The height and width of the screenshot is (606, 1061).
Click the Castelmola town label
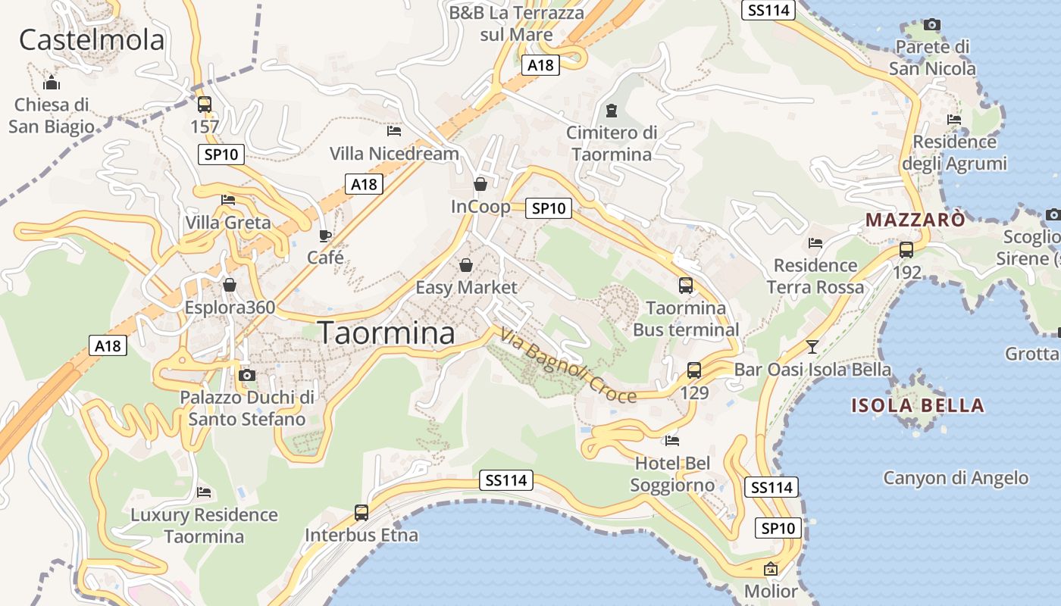click(x=91, y=39)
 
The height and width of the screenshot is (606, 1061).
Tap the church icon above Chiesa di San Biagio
click(x=52, y=82)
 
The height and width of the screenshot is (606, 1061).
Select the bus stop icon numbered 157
click(x=205, y=105)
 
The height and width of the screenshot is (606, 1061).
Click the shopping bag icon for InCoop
click(x=480, y=184)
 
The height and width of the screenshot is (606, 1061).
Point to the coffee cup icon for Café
click(x=325, y=236)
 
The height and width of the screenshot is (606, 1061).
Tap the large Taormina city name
click(x=387, y=333)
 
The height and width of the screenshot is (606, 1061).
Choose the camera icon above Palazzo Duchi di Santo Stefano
click(x=246, y=375)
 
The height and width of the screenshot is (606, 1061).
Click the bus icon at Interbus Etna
click(x=361, y=513)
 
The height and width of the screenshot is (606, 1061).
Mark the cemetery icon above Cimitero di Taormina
click(x=612, y=111)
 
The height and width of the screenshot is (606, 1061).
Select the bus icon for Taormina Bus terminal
click(x=686, y=286)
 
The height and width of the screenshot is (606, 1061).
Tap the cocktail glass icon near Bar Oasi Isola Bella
click(x=812, y=347)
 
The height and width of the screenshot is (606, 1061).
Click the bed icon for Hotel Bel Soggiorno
click(x=671, y=441)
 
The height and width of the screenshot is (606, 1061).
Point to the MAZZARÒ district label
click(x=915, y=220)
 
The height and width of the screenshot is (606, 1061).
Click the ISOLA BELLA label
click(x=918, y=405)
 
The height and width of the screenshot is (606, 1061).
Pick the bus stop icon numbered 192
click(x=906, y=249)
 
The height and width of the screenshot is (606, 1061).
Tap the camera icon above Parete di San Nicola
click(x=932, y=25)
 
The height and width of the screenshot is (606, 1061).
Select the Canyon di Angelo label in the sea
click(x=956, y=478)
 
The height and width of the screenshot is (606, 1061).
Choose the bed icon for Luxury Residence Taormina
click(x=204, y=492)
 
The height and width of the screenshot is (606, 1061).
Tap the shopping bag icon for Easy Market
click(x=466, y=265)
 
